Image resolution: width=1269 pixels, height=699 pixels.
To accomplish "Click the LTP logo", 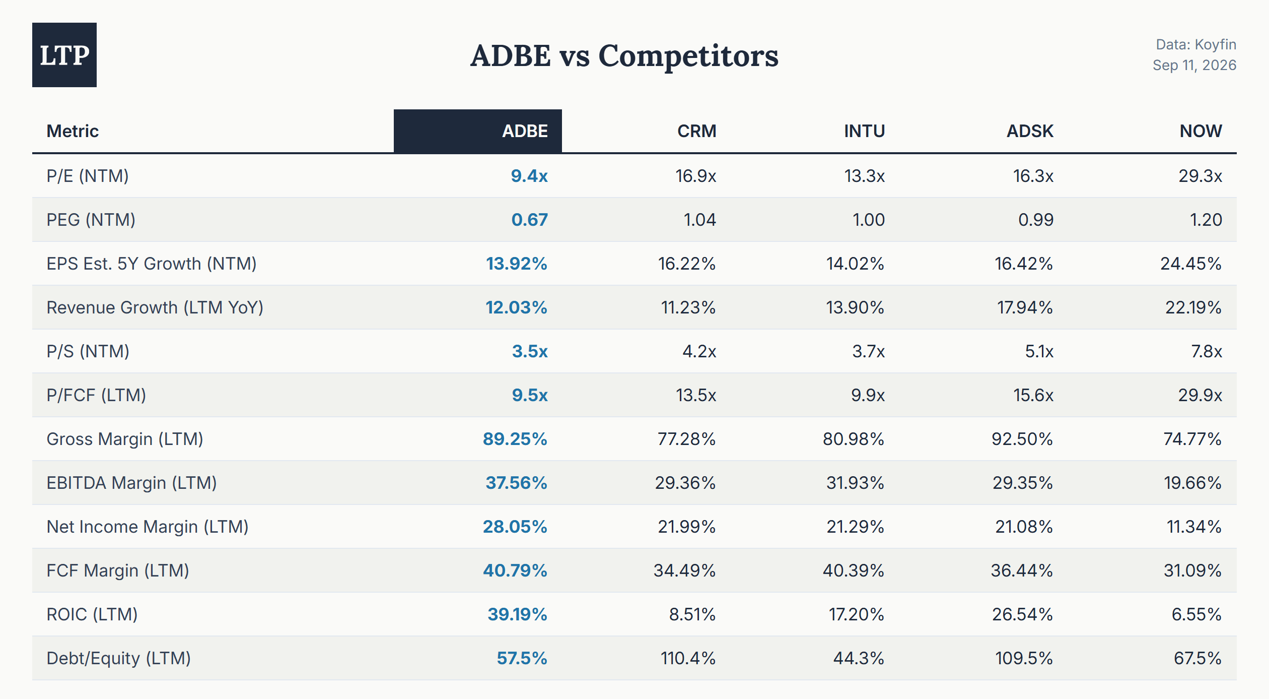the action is [x=64, y=55].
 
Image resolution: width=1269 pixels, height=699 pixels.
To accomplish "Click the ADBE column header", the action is [x=525, y=131].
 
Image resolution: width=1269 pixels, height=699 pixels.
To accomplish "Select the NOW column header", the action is [x=1201, y=131].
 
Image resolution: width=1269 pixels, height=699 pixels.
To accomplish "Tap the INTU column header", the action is [x=864, y=131].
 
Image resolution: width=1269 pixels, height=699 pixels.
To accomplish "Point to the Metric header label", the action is [x=73, y=131].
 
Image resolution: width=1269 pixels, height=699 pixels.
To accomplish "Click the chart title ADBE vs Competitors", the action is [x=624, y=55].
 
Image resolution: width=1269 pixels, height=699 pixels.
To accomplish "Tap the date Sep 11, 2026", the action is [x=1194, y=65].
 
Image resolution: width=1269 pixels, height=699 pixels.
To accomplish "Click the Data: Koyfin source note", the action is [x=1196, y=44].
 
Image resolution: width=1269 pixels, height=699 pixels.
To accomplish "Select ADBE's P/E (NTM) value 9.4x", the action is [x=529, y=176].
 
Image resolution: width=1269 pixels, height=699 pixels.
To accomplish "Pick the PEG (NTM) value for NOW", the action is [x=1206, y=220].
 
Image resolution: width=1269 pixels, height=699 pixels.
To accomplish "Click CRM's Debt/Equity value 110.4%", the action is [x=688, y=658].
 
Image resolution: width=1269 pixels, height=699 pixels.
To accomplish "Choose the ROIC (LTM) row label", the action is [x=92, y=614].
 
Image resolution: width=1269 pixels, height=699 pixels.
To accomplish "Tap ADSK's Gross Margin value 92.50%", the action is [x=1022, y=439].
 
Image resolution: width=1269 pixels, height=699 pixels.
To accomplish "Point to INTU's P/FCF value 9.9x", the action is [x=868, y=395].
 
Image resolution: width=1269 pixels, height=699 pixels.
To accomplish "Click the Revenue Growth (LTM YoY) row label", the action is [x=155, y=307].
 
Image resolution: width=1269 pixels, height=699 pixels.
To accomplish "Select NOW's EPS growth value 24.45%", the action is [x=1191, y=264].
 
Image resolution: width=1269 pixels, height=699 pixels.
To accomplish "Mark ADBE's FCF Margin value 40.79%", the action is [x=515, y=570].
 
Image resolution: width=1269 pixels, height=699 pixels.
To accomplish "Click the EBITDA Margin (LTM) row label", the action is [x=131, y=483].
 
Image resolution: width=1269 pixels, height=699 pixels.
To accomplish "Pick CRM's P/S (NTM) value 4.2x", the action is [x=699, y=351].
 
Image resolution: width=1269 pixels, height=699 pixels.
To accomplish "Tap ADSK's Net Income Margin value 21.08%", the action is [x=1024, y=527].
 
